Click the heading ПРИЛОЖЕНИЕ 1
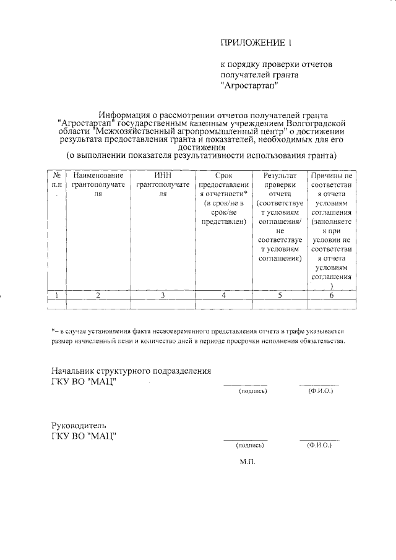pyautogui.click(x=256, y=43)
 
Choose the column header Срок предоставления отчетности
pyautogui.click(x=223, y=198)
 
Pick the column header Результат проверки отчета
pyautogui.click(x=280, y=217)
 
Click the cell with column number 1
pyautogui.click(x=56, y=295)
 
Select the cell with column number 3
pyautogui.click(x=162, y=295)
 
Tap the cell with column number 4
pyautogui.click(x=223, y=295)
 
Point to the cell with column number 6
pyautogui.click(x=332, y=295)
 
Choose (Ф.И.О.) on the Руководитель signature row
pyautogui.click(x=319, y=445)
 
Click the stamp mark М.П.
pyautogui.click(x=247, y=462)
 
